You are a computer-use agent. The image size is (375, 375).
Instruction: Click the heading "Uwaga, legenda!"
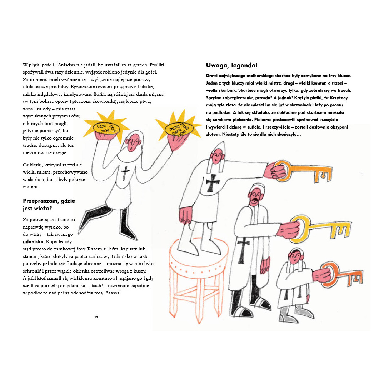click(x=231, y=65)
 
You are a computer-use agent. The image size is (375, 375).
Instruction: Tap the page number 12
click(x=96, y=317)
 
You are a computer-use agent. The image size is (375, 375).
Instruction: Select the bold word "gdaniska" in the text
click(x=33, y=241)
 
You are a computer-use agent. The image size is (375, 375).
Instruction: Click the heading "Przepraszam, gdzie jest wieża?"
click(x=49, y=205)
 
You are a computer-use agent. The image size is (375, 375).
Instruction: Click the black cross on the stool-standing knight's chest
click(x=212, y=183)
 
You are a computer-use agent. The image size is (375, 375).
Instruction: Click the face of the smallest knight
click(x=295, y=257)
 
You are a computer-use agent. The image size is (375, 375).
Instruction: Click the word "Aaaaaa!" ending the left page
click(x=113, y=293)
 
